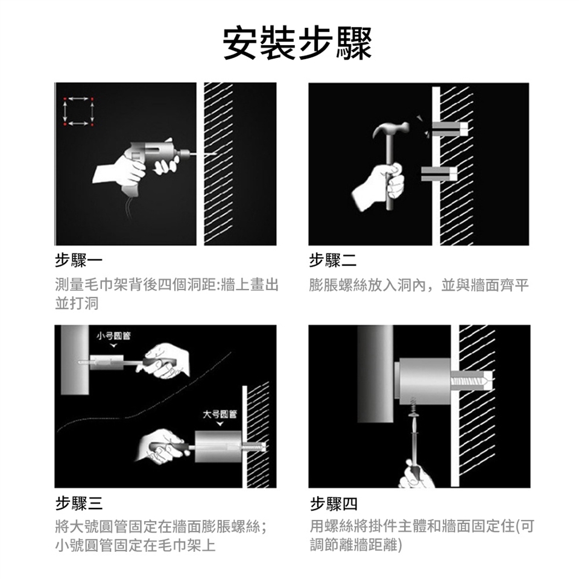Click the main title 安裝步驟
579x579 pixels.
(x=297, y=43)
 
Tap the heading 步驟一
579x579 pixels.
(x=78, y=261)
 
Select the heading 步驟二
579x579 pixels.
(x=333, y=261)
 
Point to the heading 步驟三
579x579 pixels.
(x=78, y=503)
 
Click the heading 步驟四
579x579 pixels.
(x=334, y=503)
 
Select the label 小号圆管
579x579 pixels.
(x=113, y=336)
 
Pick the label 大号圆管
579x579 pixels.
(x=220, y=414)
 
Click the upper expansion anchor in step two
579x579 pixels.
(x=449, y=128)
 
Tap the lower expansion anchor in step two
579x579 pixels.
(x=439, y=174)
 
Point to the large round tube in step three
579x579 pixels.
(x=218, y=446)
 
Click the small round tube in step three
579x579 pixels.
(x=107, y=362)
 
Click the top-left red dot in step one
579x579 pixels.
(x=65, y=99)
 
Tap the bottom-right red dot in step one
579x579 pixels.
(x=92, y=124)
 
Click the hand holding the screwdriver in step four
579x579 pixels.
(x=416, y=475)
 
